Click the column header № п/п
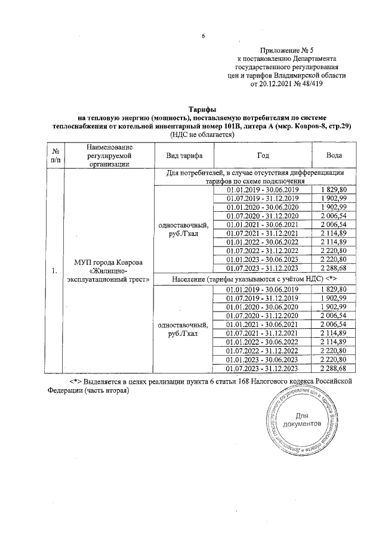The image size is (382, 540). point(56,155)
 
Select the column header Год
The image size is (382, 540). point(263,155)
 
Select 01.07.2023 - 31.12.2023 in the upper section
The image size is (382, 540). point(263,268)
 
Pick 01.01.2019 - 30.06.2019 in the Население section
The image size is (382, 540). point(263,289)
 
